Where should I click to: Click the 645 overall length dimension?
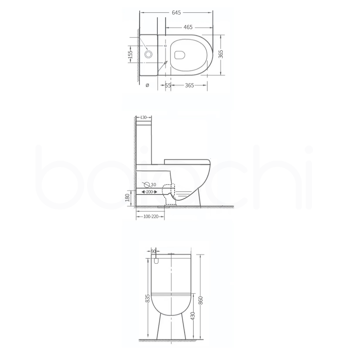(x=176, y=12)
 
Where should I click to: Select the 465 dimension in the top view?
(x=188, y=27)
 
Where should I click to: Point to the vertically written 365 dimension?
(x=220, y=54)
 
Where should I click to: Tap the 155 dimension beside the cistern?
(x=131, y=54)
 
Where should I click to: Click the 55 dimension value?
(x=168, y=86)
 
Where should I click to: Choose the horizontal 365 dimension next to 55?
(x=189, y=86)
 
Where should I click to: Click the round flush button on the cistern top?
(x=148, y=54)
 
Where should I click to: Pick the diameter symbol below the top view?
(x=147, y=86)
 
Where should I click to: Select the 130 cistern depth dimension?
(x=143, y=117)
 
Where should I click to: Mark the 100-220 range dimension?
(x=150, y=217)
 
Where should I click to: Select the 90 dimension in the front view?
(x=153, y=252)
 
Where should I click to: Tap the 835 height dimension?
(x=147, y=299)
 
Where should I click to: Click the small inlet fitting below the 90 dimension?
(x=156, y=262)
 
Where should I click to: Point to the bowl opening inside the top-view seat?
(x=180, y=55)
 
